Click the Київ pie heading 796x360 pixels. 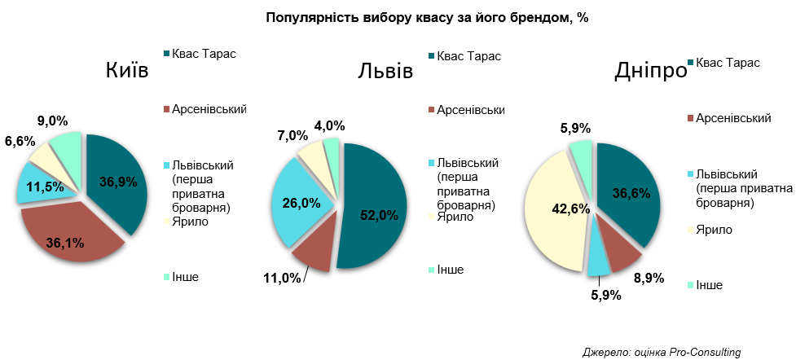[127, 71]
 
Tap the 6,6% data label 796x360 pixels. [20, 142]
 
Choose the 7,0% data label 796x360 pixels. [292, 135]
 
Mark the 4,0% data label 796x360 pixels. [330, 125]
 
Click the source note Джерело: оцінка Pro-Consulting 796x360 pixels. [662, 352]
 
